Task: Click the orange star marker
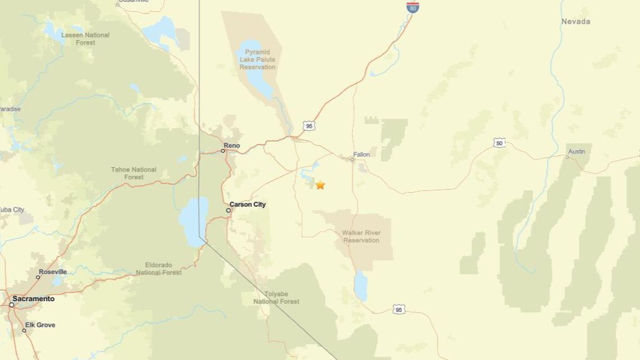tap(320, 185)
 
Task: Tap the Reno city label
tap(231, 145)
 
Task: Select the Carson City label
tap(248, 204)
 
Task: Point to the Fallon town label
tap(362, 154)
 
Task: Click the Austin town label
tap(577, 152)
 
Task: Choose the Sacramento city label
tap(34, 299)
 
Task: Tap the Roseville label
tap(53, 272)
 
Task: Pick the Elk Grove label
tap(40, 325)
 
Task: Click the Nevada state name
tap(575, 21)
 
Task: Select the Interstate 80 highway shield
tap(413, 7)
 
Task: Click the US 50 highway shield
tap(499, 143)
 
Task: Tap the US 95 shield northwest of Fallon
tap(309, 126)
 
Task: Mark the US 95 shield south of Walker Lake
tap(399, 309)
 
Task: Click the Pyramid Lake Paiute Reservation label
tap(258, 60)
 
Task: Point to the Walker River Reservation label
tap(362, 236)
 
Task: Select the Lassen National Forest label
tap(85, 38)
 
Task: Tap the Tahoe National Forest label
tap(134, 173)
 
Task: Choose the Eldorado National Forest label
tap(158, 268)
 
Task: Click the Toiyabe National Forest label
tap(276, 297)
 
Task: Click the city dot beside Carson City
tap(228, 210)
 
